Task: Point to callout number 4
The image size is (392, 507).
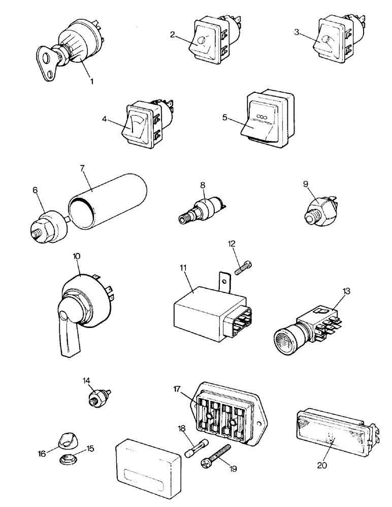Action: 105,120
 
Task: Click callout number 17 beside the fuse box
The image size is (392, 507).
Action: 176,390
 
